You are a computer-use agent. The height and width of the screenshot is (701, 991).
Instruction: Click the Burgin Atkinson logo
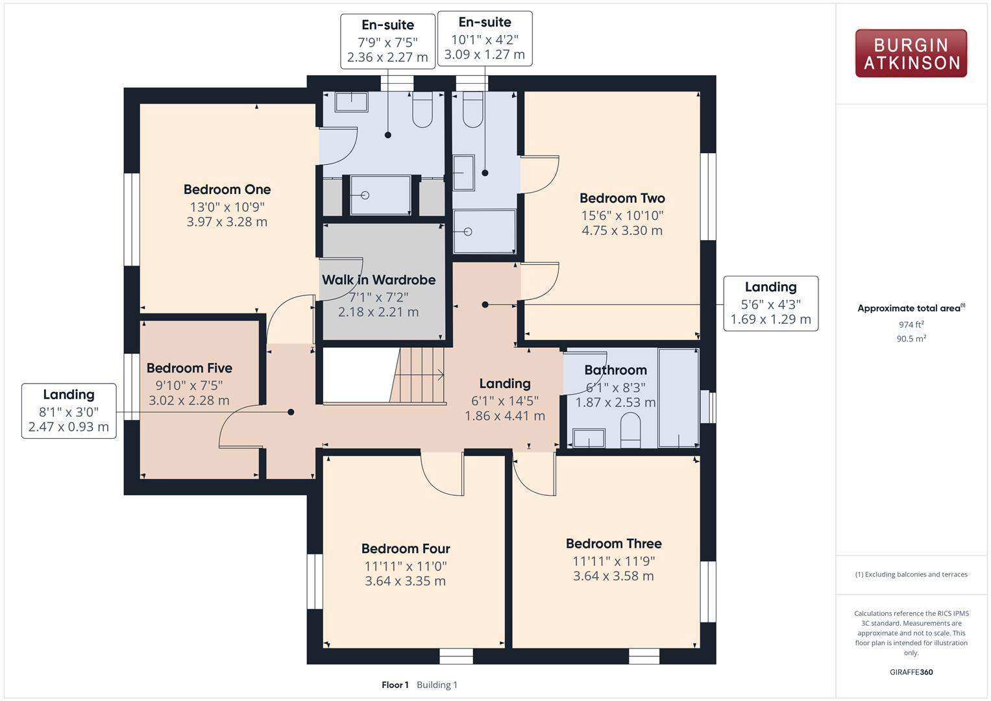pos(911,54)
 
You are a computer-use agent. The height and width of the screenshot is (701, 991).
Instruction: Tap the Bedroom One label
pos(227,190)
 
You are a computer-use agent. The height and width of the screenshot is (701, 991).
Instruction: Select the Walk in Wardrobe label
pos(378,280)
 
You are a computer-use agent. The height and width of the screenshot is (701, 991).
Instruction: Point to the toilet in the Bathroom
pos(630,431)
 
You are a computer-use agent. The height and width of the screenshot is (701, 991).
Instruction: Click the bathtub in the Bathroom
pos(678,397)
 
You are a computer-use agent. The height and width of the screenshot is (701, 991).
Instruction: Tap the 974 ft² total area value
pos(911,325)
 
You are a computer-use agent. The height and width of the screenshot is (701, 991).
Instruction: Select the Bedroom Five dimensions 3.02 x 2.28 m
pos(189,400)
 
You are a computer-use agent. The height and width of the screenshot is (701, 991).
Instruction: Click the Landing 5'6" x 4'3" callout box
pos(770,303)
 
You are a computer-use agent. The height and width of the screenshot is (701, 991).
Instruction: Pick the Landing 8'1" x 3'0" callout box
pos(69,411)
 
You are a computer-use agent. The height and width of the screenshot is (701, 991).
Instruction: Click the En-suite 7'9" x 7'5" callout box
pos(387,42)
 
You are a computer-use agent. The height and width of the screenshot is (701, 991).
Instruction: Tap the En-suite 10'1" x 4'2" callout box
pos(485,38)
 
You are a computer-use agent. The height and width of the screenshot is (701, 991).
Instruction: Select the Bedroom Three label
pos(613,543)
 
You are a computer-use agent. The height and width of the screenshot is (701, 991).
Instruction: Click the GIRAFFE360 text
pos(911,672)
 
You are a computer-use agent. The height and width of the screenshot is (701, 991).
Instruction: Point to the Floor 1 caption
pos(395,685)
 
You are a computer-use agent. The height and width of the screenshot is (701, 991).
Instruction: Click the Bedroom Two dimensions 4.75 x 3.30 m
pos(622,230)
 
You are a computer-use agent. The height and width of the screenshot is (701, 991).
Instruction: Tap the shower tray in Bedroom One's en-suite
pos(380,195)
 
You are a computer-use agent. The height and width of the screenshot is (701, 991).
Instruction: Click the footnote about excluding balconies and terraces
pos(911,574)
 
